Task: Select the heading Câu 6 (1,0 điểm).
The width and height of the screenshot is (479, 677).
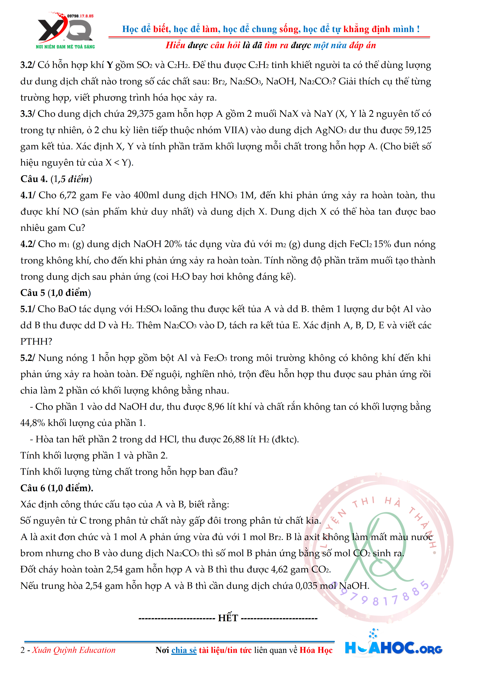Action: pos(57,488)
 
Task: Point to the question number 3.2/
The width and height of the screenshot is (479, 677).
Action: pos(28,65)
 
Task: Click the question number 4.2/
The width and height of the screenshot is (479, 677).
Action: pos(28,244)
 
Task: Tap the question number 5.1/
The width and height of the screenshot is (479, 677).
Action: pos(28,309)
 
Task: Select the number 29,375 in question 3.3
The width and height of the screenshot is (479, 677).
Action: pos(140,114)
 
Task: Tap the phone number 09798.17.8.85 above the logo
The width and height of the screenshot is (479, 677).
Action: pos(80,16)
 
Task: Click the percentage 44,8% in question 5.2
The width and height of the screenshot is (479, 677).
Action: pos(32,423)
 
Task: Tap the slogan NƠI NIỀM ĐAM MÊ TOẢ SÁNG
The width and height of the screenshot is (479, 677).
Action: pos(65,47)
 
